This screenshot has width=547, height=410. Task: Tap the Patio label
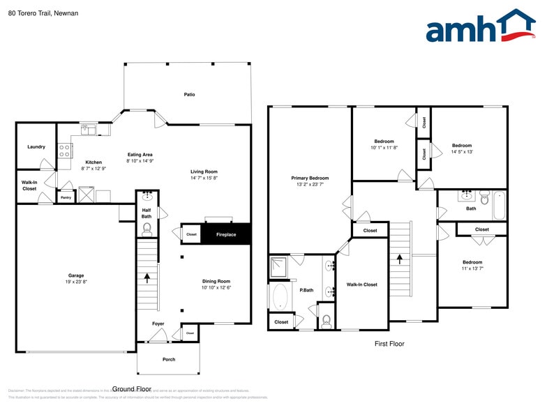pos(189,94)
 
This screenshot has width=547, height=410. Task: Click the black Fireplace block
pos(225,234)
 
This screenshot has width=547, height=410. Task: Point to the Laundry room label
pos(36,147)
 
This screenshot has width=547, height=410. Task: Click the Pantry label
pos(66,197)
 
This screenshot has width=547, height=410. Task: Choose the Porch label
pos(169,359)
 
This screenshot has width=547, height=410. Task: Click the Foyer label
pos(158,324)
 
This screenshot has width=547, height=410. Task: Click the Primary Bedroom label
pos(310,179)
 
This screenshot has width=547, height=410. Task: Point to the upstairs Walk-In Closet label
pos(361,284)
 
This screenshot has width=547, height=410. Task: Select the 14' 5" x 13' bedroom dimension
pos(462,151)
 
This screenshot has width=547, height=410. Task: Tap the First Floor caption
pos(389,344)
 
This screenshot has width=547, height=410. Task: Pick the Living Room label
pos(204,172)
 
